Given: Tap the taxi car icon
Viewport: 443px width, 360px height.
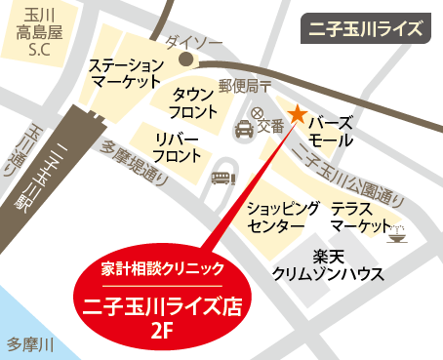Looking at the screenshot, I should [241, 127].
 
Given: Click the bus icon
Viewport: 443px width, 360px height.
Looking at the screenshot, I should [222, 178].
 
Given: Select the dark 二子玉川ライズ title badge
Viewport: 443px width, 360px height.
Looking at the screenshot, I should [366, 28].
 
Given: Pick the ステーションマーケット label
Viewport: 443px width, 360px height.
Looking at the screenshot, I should [125, 74].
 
